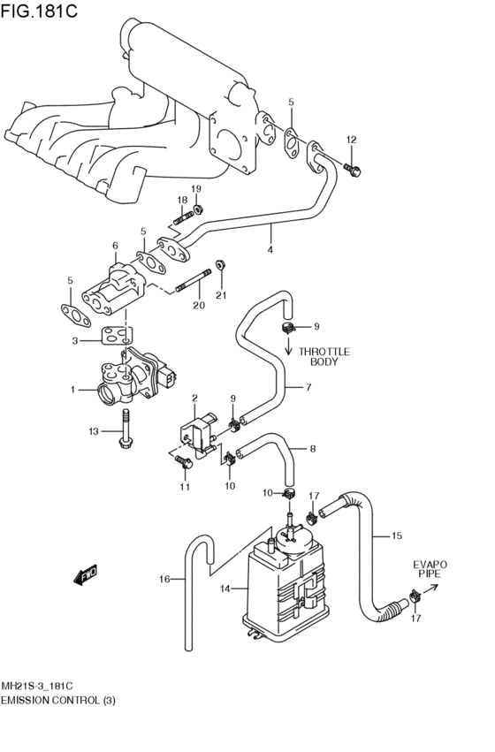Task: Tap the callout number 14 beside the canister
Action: (225, 589)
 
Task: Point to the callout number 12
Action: (351, 140)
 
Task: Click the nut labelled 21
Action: (220, 263)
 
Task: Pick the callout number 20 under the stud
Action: (198, 306)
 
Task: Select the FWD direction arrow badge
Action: (87, 577)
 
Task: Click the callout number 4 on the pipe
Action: (270, 250)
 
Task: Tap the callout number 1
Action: (74, 389)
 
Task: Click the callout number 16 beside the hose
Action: (164, 580)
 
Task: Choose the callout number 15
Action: (396, 536)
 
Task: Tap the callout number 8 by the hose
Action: (312, 448)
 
